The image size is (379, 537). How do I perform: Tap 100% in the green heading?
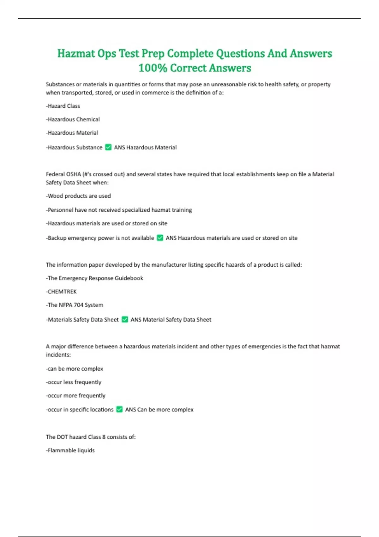[153, 68]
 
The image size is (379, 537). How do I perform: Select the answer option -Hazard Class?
[63, 106]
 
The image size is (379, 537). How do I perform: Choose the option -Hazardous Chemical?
[73, 119]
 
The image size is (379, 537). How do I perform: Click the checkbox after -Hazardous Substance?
[108, 147]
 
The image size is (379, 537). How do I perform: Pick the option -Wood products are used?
[78, 196]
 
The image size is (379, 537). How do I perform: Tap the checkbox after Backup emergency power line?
[160, 238]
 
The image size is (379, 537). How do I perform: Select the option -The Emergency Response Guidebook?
[94, 278]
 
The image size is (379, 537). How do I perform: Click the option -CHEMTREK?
[61, 292]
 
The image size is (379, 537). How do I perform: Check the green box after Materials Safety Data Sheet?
[125, 319]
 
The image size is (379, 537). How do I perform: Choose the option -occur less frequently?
[74, 382]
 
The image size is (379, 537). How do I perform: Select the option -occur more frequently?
[75, 395]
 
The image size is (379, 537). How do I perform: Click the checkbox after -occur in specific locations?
[119, 409]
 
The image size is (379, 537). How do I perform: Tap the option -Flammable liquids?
[70, 450]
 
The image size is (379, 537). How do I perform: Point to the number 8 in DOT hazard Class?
[104, 437]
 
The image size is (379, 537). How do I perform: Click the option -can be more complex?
[75, 369]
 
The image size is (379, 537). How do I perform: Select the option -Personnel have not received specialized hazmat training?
[119, 210]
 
